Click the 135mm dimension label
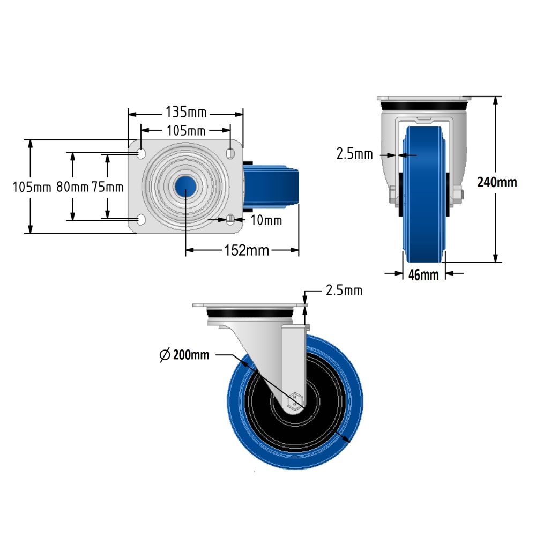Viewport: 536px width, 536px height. pyautogui.click(x=185, y=113)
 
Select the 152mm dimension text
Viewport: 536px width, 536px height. pyautogui.click(x=245, y=250)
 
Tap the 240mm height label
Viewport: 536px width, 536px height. pyautogui.click(x=497, y=182)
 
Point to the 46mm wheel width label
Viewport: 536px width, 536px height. pyautogui.click(x=423, y=275)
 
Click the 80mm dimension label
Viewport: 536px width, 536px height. pyautogui.click(x=72, y=187)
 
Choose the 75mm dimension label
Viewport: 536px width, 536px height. pyautogui.click(x=108, y=187)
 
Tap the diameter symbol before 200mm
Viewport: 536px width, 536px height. pyautogui.click(x=166, y=355)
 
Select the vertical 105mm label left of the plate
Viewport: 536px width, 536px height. pyautogui.click(x=32, y=187)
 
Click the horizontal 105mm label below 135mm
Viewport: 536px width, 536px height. pyautogui.click(x=185, y=130)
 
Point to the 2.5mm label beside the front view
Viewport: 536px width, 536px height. pyautogui.click(x=354, y=154)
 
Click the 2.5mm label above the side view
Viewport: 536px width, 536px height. pyautogui.click(x=344, y=291)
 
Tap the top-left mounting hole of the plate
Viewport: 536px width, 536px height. pyautogui.click(x=141, y=153)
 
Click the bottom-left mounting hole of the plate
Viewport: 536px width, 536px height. pyautogui.click(x=141, y=219)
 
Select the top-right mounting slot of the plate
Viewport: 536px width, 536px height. pyautogui.click(x=230, y=153)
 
